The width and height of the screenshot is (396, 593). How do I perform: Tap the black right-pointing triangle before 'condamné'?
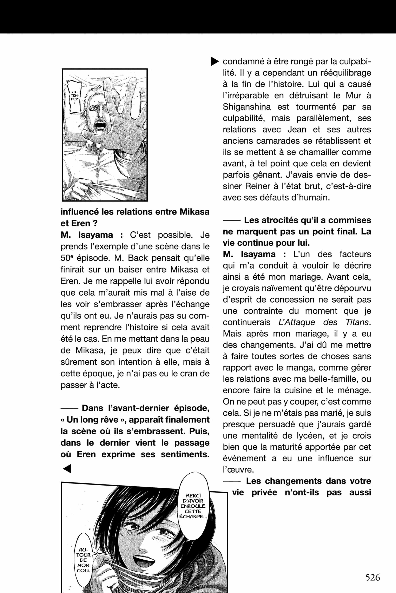214,61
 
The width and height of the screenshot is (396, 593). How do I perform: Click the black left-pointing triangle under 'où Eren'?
67,469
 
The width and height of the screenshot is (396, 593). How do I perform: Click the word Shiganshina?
246,107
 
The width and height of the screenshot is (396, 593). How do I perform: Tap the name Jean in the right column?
297,130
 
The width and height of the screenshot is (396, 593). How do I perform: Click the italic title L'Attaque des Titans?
324,322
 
